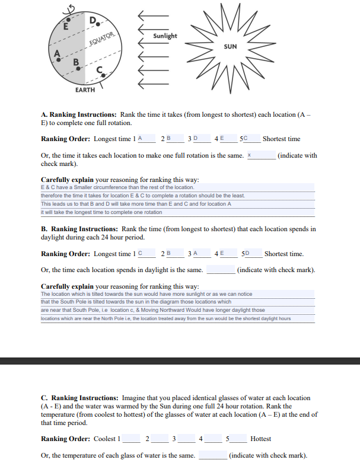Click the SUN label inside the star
pyautogui.click(x=231, y=46)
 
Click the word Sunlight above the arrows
pyautogui.click(x=165, y=36)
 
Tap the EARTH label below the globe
pyautogui.click(x=85, y=90)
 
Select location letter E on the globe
pyautogui.click(x=66, y=25)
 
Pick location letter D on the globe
pyautogui.click(x=93, y=22)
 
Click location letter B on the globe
pyautogui.click(x=75, y=62)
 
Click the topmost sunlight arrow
pyautogui.click(x=152, y=15)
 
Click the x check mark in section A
pyautogui.click(x=250, y=155)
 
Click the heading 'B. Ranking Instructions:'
pyautogui.click(x=79, y=229)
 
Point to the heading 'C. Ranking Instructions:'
pyautogui.click(x=79, y=398)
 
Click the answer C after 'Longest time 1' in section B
pyautogui.click(x=140, y=254)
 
